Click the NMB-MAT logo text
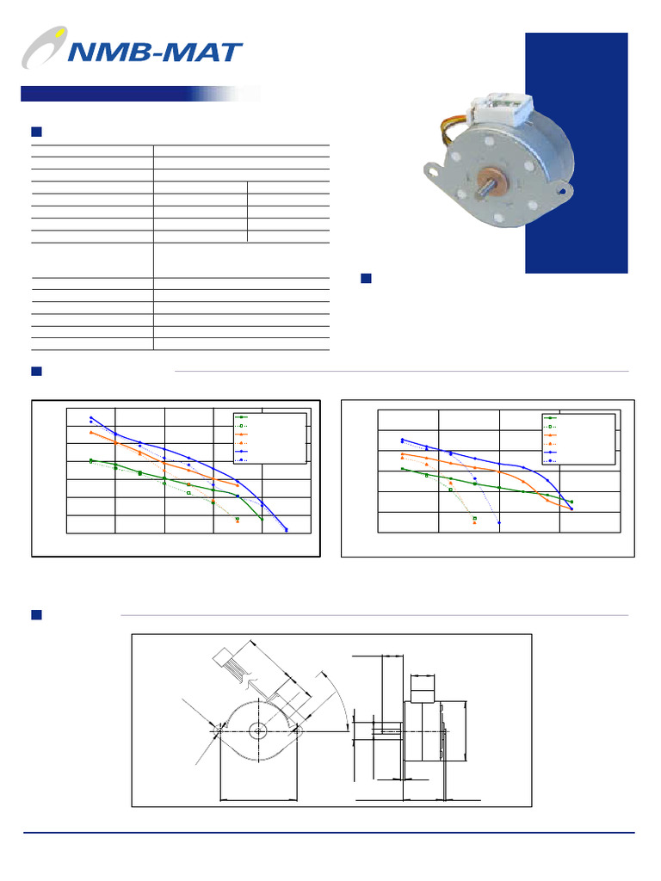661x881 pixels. click(x=155, y=53)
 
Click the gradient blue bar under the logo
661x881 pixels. click(x=129, y=94)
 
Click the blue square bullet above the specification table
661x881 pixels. click(x=37, y=132)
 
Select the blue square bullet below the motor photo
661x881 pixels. click(x=366, y=278)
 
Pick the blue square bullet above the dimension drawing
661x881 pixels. click(x=37, y=615)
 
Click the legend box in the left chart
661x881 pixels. click(x=270, y=438)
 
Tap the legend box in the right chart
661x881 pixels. click(x=578, y=439)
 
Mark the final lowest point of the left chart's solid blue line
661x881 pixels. click(x=287, y=530)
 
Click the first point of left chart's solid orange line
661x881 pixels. click(x=91, y=432)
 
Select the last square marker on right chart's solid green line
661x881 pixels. click(x=571, y=502)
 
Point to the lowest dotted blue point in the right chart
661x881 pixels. click(x=499, y=522)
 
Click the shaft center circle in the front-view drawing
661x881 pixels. click(x=258, y=730)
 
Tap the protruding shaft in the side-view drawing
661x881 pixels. click(x=379, y=730)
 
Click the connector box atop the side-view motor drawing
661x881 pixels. click(x=423, y=689)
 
